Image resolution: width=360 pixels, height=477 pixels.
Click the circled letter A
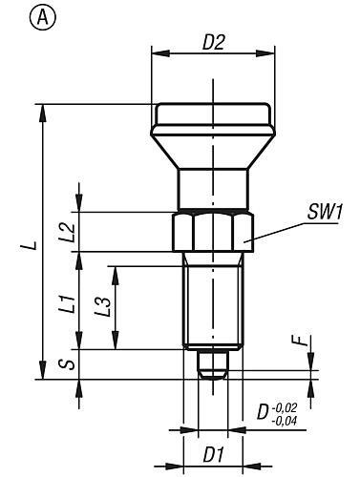pos(43,18)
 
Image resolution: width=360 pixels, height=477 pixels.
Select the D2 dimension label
pos(214,42)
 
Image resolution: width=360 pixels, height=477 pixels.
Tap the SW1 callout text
pos(325,212)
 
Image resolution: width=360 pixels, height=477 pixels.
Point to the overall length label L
pos(32,245)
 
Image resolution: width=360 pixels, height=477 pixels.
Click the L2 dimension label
pos(69,232)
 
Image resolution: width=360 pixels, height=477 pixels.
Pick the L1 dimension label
pos(69,303)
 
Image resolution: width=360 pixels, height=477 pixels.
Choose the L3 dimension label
pos(103,307)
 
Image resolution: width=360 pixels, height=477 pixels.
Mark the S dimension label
pos(68,364)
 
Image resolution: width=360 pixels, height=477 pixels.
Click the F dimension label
pos(300,341)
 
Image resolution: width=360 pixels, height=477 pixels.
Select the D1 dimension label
pos(213,455)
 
